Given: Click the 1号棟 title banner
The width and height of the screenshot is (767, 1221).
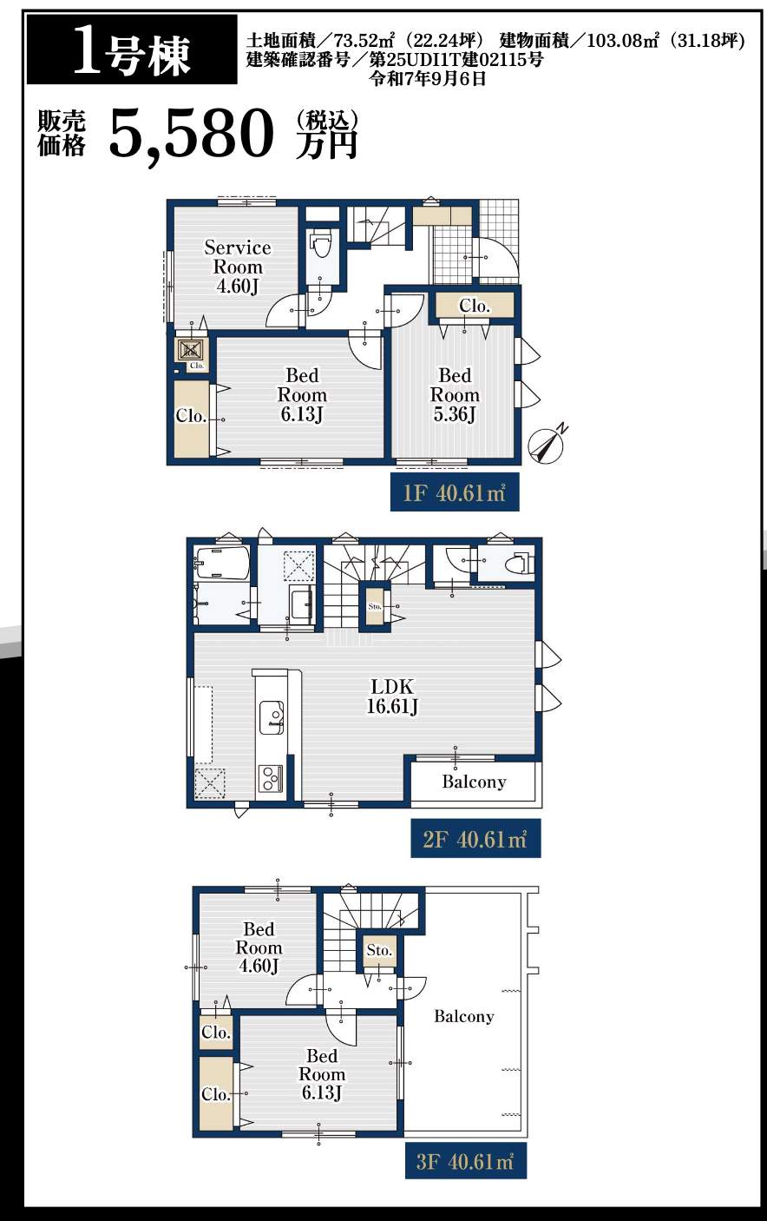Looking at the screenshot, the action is (x=132, y=49).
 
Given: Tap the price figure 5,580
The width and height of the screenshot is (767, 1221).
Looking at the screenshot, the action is (x=191, y=134).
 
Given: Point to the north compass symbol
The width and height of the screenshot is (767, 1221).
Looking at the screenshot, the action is (x=548, y=444).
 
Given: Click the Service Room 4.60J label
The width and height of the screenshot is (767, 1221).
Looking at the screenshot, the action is (x=238, y=267).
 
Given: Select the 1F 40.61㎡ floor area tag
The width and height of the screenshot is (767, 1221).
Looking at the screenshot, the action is (x=455, y=492).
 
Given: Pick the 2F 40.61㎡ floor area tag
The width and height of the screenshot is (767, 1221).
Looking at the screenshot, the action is (x=475, y=838).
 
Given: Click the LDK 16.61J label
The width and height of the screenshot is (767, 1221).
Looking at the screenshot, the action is (x=392, y=696).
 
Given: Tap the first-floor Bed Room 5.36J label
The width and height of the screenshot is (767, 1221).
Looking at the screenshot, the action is (x=455, y=395).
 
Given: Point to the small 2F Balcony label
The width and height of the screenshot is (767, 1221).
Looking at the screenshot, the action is (x=474, y=782).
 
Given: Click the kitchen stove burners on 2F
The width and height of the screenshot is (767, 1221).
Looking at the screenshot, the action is (x=270, y=778).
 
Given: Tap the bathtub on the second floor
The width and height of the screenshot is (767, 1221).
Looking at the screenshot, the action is (x=222, y=564).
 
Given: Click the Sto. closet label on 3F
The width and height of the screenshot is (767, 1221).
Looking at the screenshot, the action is (x=379, y=951).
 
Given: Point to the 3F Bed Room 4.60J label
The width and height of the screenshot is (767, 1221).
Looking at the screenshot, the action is (x=259, y=947).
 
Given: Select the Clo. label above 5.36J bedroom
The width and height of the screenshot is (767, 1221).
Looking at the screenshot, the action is (x=475, y=306).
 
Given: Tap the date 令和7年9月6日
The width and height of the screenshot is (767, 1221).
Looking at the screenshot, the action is (x=428, y=78).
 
